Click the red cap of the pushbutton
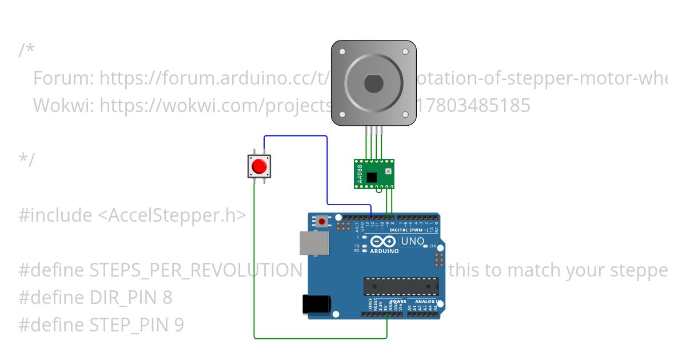pyautogui.click(x=259, y=166)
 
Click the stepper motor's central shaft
pyautogui.click(x=373, y=83)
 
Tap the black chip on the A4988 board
pyautogui.click(x=373, y=177)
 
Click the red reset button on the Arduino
pyautogui.click(x=322, y=221)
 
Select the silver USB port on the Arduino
pyautogui.click(x=314, y=242)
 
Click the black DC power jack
pyautogui.click(x=316, y=303)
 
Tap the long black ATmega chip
pyautogui.click(x=401, y=286)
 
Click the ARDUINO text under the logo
pyautogui.click(x=384, y=251)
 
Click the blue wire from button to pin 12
pyautogui.click(x=326, y=171)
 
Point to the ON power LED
pyautogui.click(x=433, y=246)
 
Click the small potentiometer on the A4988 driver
pyautogui.click(x=388, y=171)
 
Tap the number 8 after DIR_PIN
pyautogui.click(x=167, y=298)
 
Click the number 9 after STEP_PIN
pyautogui.click(x=179, y=325)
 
